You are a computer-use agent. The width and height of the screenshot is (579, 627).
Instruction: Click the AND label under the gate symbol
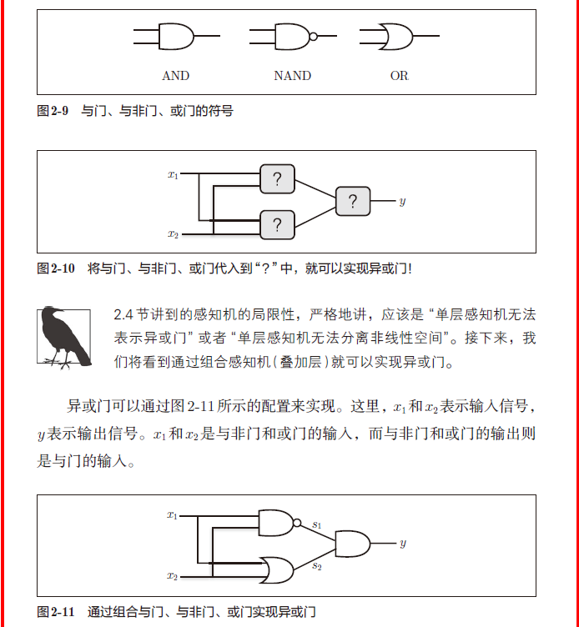[x=175, y=76]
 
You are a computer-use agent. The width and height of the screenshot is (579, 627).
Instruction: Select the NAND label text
[x=292, y=76]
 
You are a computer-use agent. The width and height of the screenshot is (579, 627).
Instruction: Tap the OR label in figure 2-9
[x=400, y=76]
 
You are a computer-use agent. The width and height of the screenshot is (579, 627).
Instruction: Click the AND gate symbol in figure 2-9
[x=176, y=37]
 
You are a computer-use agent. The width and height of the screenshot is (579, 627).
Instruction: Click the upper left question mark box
[x=277, y=178]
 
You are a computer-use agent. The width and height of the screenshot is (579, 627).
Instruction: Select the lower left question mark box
[x=277, y=224]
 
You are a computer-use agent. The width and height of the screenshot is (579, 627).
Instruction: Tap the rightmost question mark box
[x=353, y=201]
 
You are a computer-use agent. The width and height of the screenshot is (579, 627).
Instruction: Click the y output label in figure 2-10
[x=402, y=202]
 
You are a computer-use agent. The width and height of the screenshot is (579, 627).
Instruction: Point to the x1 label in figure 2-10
[x=173, y=174]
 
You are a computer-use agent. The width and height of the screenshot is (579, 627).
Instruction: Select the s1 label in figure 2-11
[x=317, y=524]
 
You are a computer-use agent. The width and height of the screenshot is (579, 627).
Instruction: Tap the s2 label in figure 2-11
[x=317, y=566]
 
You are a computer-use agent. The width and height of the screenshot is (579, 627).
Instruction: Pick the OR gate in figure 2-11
[x=276, y=569]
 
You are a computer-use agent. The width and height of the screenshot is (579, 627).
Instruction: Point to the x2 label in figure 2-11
[x=173, y=575]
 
